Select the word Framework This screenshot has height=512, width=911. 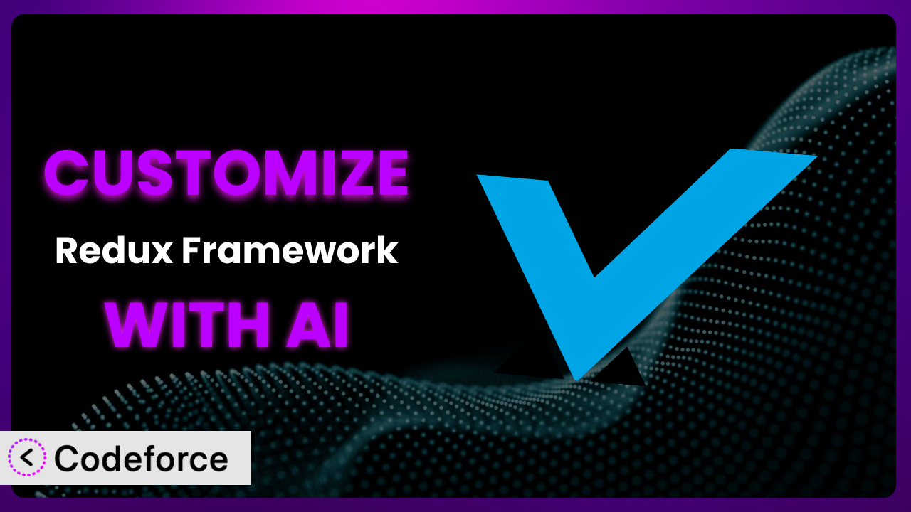pyautogui.click(x=290, y=251)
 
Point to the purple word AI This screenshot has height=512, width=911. pyautogui.click(x=317, y=325)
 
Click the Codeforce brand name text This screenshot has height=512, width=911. pyautogui.click(x=141, y=459)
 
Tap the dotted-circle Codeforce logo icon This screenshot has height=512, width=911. pyautogui.click(x=27, y=457)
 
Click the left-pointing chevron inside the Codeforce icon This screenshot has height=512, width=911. pyautogui.click(x=26, y=458)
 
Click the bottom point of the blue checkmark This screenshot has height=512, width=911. pyautogui.click(x=577, y=380)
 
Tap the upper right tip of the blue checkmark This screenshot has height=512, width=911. pyautogui.click(x=816, y=156)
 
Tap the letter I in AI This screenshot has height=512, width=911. pyautogui.click(x=341, y=325)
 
